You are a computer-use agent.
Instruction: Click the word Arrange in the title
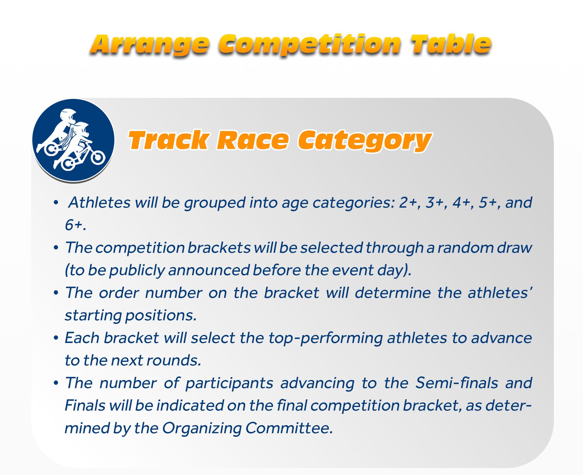pos(150,45)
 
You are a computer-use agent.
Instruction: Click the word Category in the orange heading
pos(365,141)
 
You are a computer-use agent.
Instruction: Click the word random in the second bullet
pos(465,247)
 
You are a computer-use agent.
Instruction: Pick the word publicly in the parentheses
pos(137,270)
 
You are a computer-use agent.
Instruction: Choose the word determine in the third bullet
pos(393,293)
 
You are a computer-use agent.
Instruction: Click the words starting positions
pos(131,315)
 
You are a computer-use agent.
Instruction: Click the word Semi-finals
pos(457,383)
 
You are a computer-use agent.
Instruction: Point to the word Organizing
pos(202,428)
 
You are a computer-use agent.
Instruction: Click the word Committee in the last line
pos(289,428)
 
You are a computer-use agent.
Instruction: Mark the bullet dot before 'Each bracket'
pos(56,338)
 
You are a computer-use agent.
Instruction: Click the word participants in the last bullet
pos(229,383)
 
